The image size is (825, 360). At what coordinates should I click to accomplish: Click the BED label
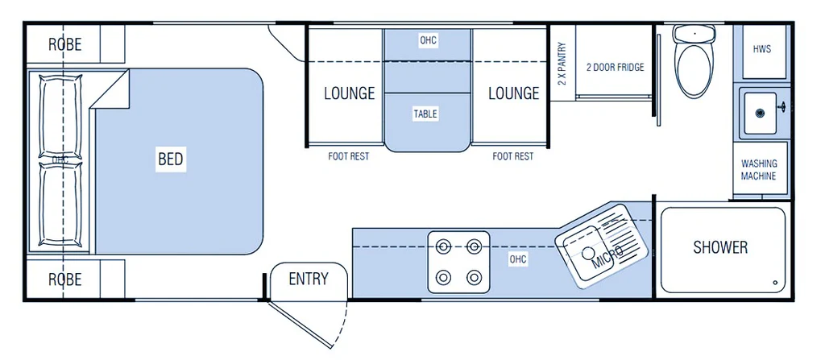pos(171,159)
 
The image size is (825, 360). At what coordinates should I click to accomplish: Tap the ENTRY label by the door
pos(309,279)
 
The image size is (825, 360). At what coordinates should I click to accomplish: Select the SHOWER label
pos(720,247)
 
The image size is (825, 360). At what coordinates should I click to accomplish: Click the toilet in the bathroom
pos(694,64)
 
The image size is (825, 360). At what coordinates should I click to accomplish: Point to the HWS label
pos(761,49)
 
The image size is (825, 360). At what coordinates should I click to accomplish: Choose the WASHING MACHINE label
pos(759,170)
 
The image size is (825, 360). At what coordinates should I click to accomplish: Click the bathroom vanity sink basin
pos(758,113)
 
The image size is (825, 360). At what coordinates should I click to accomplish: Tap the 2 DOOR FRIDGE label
pos(615,68)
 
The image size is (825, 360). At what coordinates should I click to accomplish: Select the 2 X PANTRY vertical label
pos(562,64)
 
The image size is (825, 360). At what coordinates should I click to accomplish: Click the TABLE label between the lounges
pos(425,114)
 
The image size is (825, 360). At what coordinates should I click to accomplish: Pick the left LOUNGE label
pos(350,93)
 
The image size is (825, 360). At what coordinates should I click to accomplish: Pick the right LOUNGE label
pos(513,93)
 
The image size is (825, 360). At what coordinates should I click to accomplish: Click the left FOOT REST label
pos(349,156)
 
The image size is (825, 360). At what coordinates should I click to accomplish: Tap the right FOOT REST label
pos(513,156)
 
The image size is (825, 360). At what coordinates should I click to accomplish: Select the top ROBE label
pos(64,45)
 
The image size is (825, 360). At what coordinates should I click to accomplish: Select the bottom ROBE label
pos(64,279)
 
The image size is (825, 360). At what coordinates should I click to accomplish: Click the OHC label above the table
pos(428,40)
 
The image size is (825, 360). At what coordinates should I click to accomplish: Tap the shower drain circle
pos(775,283)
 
